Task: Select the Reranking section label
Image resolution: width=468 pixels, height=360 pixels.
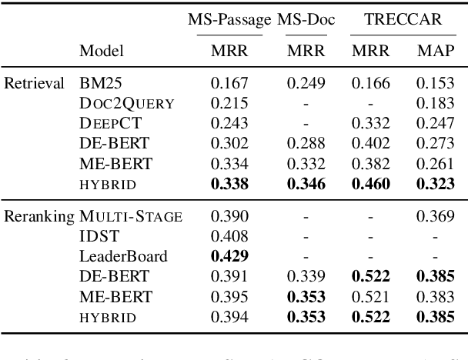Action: [38, 217]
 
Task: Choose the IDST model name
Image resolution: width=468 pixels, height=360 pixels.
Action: [96, 237]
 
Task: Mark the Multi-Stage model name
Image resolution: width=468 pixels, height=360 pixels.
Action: [131, 217]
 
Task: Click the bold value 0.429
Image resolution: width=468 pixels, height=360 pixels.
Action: [229, 257]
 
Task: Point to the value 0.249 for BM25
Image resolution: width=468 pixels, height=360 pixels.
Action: [306, 82]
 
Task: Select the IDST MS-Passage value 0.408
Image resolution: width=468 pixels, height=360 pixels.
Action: [229, 237]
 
